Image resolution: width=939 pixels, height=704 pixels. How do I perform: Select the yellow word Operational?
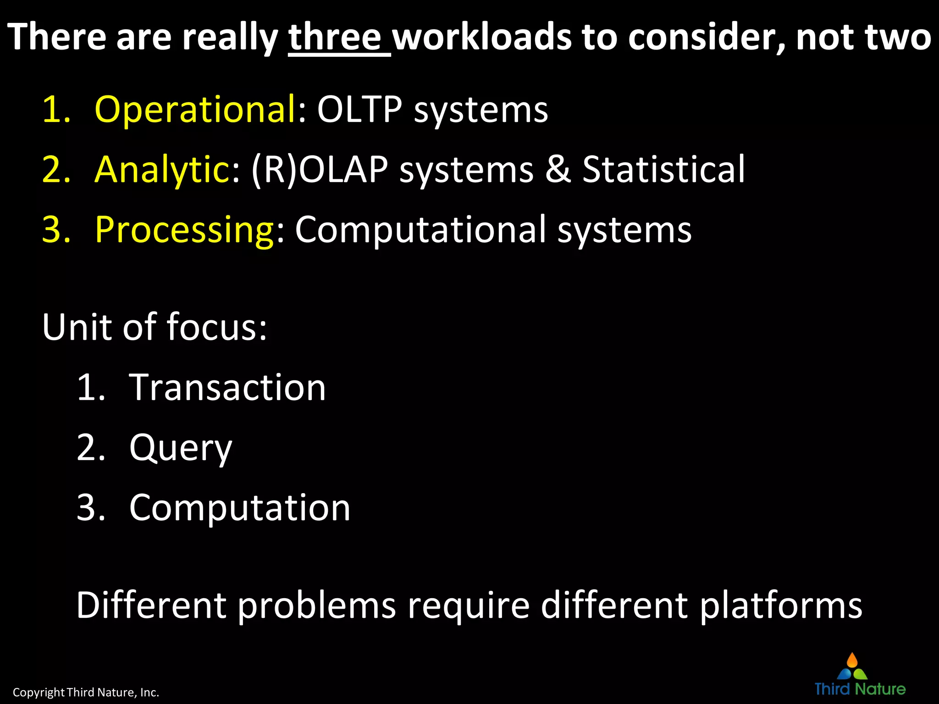tap(195, 110)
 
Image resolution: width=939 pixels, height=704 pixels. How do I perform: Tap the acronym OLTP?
tap(360, 110)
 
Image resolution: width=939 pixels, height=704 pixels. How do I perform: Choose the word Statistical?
tap(663, 170)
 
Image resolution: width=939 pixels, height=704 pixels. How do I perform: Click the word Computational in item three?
tap(420, 230)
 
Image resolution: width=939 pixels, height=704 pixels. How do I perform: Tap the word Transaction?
tap(227, 387)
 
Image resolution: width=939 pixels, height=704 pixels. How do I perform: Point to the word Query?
tap(181, 448)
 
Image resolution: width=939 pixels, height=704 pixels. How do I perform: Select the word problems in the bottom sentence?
tap(316, 605)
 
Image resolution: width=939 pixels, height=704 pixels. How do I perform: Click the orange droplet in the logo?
tap(852, 660)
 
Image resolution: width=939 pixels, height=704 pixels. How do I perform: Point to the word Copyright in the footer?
tap(39, 692)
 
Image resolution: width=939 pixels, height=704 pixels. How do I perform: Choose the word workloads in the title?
tap(482, 38)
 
